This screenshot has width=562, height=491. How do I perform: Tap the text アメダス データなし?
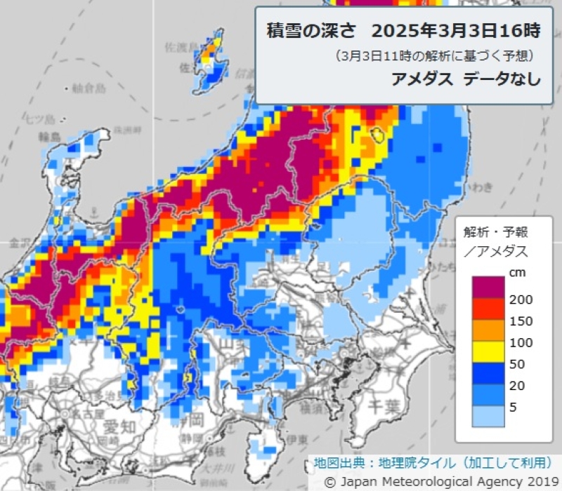tap(466, 79)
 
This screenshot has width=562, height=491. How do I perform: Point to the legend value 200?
tap(521, 300)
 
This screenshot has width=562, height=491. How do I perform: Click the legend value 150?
tap(521, 321)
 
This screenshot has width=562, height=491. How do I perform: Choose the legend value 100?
tap(521, 342)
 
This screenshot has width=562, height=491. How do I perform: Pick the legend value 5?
tap(514, 406)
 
